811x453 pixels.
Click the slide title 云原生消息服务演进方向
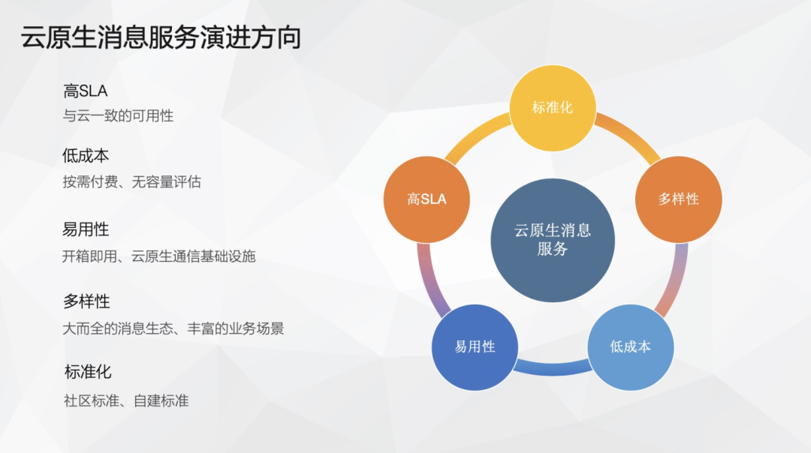161,37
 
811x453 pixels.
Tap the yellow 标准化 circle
553,108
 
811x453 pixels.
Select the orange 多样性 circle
678,199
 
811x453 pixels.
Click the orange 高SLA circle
427,199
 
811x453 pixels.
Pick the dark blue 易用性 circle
475,347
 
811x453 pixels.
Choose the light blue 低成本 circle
631,347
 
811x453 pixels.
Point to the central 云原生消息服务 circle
553,240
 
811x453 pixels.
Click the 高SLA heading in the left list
86,91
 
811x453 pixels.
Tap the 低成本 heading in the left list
86,155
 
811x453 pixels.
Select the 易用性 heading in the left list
86,229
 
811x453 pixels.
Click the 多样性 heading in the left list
86,301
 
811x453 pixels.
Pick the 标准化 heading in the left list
88,371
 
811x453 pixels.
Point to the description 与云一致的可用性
118,115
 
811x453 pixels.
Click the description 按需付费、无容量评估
132,181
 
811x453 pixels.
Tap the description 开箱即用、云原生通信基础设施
158,256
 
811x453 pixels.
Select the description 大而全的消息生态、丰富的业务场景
173,328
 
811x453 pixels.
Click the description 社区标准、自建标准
126,400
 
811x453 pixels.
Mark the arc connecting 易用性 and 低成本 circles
553,369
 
